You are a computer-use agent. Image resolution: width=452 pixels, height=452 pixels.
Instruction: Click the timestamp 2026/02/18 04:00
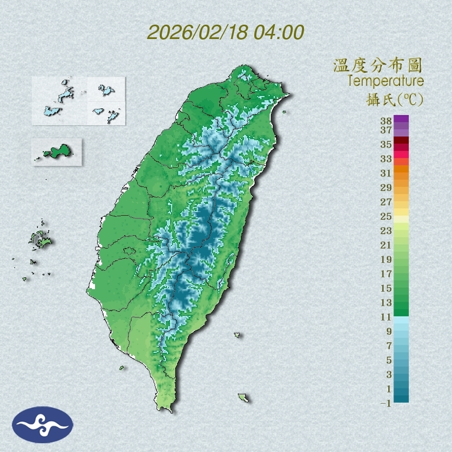pyautogui.click(x=225, y=32)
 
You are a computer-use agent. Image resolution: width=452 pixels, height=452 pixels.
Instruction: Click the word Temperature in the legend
pyautogui.click(x=386, y=81)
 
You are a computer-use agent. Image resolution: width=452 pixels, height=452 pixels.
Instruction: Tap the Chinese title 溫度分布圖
pyautogui.click(x=378, y=65)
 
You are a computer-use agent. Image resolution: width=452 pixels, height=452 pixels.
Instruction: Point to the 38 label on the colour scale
pyautogui.click(x=386, y=121)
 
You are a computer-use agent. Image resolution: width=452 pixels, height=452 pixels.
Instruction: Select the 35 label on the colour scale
pyautogui.click(x=386, y=145)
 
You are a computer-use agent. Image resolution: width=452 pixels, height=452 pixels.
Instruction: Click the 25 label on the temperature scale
pyautogui.click(x=386, y=216)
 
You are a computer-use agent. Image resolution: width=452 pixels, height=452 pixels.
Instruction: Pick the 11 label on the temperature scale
pyautogui.click(x=386, y=317)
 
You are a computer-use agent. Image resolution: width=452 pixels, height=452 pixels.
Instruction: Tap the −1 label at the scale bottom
pyautogui.click(x=386, y=403)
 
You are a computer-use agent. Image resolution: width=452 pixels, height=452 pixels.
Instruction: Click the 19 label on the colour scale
pyautogui.click(x=386, y=259)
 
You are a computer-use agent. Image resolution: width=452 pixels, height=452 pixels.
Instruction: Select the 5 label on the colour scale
pyautogui.click(x=389, y=360)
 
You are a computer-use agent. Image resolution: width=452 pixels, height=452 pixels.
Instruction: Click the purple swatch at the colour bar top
pyautogui.click(x=401, y=119)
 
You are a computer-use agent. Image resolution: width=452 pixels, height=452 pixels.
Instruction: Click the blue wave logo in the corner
pyautogui.click(x=43, y=425)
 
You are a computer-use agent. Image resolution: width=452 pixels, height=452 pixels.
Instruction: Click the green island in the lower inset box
pyautogui.click(x=57, y=151)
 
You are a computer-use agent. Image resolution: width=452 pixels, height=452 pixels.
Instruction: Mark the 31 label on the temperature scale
pyautogui.click(x=386, y=173)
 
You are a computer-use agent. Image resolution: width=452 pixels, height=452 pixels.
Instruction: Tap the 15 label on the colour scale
pyautogui.click(x=386, y=288)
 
